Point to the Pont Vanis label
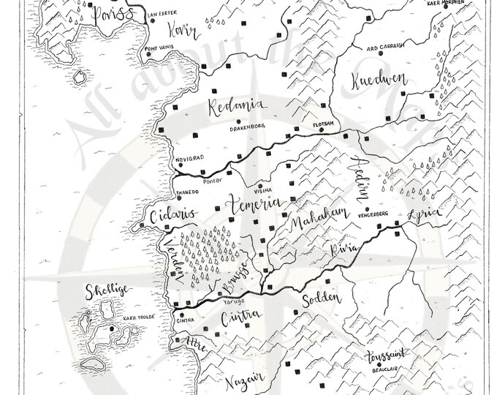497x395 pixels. [x=161, y=48]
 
